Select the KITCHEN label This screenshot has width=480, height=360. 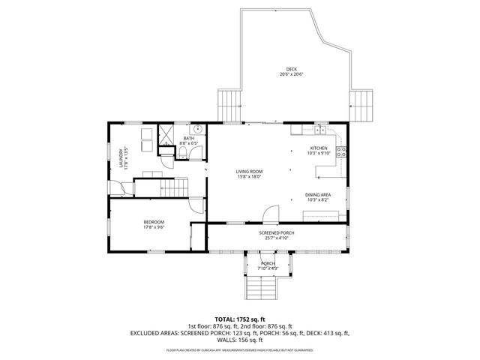pyautogui.click(x=319, y=148)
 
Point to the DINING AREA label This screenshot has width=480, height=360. pyautogui.click(x=318, y=195)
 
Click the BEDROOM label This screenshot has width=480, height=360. pyautogui.click(x=154, y=222)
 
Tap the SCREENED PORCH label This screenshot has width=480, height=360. pyautogui.click(x=277, y=233)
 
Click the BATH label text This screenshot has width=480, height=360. pyautogui.click(x=188, y=138)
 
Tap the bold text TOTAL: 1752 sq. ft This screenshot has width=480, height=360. pyautogui.click(x=240, y=319)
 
